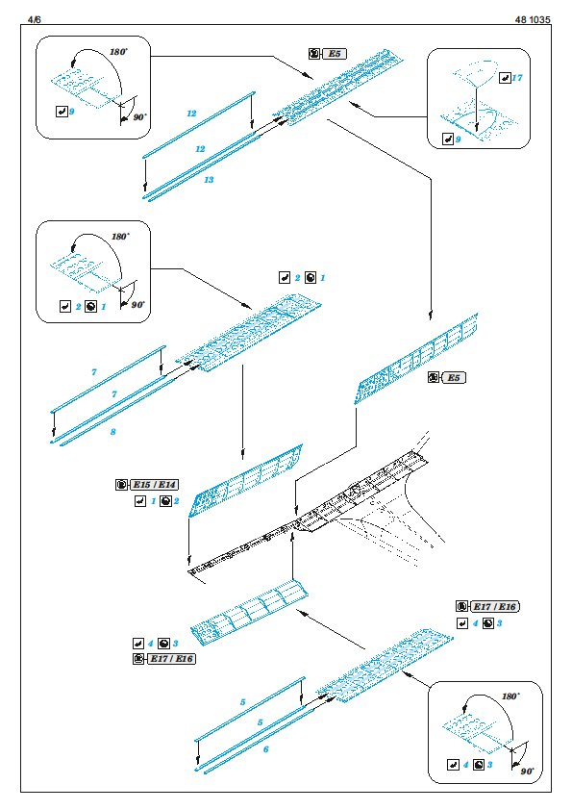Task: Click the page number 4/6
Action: pyautogui.click(x=34, y=19)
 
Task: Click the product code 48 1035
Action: pyautogui.click(x=533, y=19)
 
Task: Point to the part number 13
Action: pyautogui.click(x=209, y=180)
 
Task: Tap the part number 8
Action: pyautogui.click(x=113, y=432)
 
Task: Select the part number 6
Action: pyautogui.click(x=266, y=749)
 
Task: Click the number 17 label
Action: pyautogui.click(x=517, y=78)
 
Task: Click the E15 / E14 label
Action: pyautogui.click(x=155, y=485)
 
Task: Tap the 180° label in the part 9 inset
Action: pyautogui.click(x=119, y=52)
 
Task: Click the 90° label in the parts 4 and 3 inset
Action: pyautogui.click(x=527, y=772)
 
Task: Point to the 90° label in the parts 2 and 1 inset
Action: pyautogui.click(x=137, y=305)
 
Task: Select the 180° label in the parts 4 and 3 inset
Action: pyautogui.click(x=510, y=696)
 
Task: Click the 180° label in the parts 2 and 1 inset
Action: pyautogui.click(x=120, y=237)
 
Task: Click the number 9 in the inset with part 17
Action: pyautogui.click(x=458, y=139)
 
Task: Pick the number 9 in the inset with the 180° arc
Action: pyautogui.click(x=72, y=111)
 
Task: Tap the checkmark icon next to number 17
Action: pyautogui.click(x=505, y=78)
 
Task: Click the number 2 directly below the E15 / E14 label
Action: pyautogui.click(x=177, y=501)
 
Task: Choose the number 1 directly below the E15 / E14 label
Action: pyautogui.click(x=153, y=501)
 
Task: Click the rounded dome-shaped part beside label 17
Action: pyautogui.click(x=476, y=73)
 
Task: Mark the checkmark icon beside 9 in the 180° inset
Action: pyautogui.click(x=62, y=111)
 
